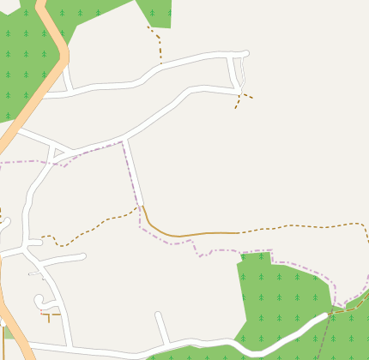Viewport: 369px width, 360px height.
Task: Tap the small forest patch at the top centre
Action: (156, 12)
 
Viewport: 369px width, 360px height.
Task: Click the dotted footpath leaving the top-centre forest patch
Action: (160, 47)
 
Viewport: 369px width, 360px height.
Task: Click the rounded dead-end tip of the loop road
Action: (245, 54)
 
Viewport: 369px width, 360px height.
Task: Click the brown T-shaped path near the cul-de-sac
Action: (50, 316)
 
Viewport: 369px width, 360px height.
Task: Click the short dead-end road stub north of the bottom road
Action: (160, 327)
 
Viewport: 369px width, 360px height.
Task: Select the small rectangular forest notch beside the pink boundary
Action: (256, 256)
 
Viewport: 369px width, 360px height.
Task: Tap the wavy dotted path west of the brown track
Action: (86, 233)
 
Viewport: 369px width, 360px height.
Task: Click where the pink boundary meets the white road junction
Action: (124, 141)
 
